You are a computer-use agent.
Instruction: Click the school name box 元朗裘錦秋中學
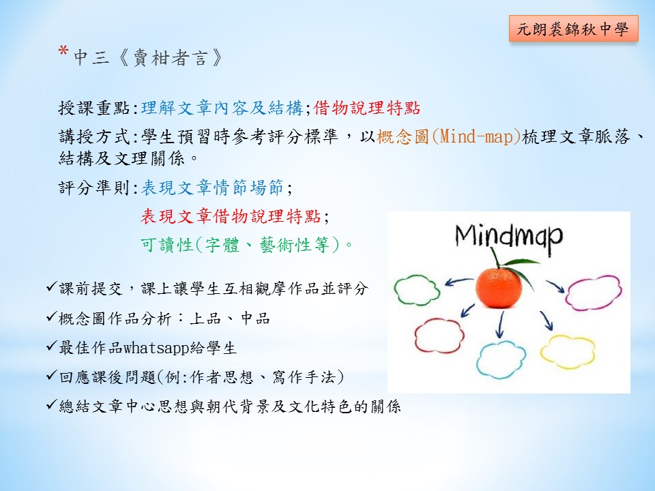click(x=574, y=29)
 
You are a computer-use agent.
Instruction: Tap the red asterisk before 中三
click(x=63, y=52)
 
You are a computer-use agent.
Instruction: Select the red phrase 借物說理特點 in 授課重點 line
click(x=366, y=108)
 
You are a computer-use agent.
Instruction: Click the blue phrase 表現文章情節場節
click(x=212, y=188)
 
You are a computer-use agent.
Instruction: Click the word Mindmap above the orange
click(x=509, y=237)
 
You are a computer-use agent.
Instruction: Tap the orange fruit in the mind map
click(x=499, y=288)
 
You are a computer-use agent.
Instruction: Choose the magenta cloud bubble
click(x=593, y=293)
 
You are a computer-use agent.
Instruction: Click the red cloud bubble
click(x=439, y=336)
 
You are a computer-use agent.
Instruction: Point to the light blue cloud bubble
click(x=501, y=359)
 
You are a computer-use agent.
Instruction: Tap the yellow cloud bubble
click(x=567, y=352)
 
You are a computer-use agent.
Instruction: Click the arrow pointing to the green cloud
click(x=458, y=282)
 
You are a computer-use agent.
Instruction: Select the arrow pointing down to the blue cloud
click(x=499, y=325)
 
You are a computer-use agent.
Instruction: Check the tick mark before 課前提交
click(x=51, y=287)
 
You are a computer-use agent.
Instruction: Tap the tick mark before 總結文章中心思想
click(x=51, y=404)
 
